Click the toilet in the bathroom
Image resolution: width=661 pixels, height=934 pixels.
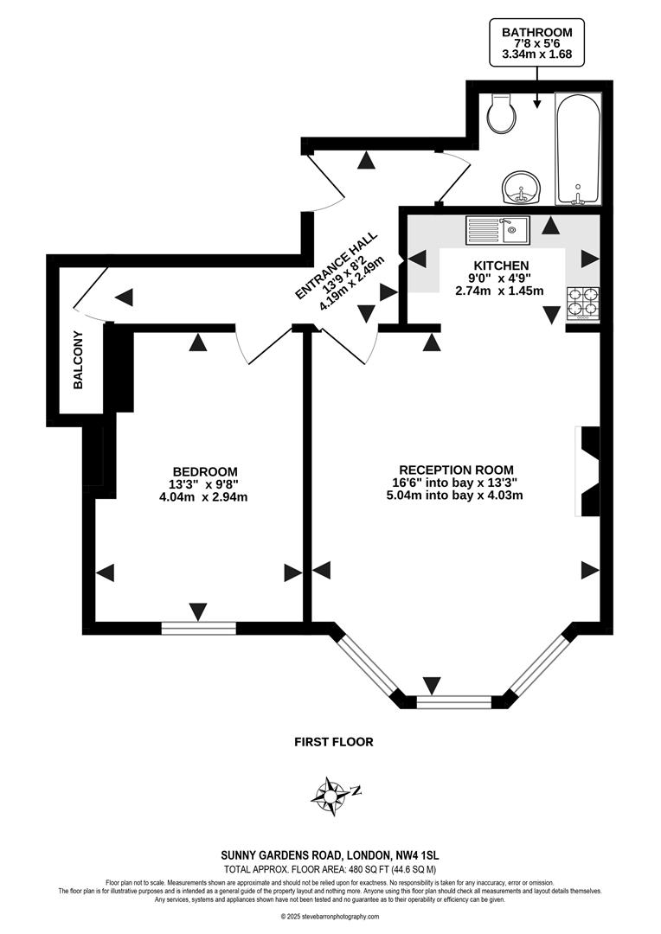pyautogui.click(x=500, y=112)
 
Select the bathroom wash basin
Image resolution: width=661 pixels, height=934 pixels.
pyautogui.click(x=521, y=186)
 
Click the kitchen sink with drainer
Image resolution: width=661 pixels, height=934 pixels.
pyautogui.click(x=497, y=229)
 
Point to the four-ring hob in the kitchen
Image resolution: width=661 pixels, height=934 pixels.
pyautogui.click(x=583, y=304)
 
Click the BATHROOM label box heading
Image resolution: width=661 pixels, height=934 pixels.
pyautogui.click(x=537, y=32)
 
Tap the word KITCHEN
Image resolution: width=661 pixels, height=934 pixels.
pyautogui.click(x=501, y=265)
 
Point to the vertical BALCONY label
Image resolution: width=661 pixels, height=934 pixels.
pyautogui.click(x=78, y=360)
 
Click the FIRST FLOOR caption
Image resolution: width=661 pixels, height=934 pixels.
pyautogui.click(x=333, y=742)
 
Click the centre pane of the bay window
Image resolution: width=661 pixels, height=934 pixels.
pyautogui.click(x=454, y=701)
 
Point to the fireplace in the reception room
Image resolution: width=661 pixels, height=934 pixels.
pyautogui.click(x=588, y=471)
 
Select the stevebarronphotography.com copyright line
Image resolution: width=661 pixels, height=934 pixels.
pyautogui.click(x=330, y=917)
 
